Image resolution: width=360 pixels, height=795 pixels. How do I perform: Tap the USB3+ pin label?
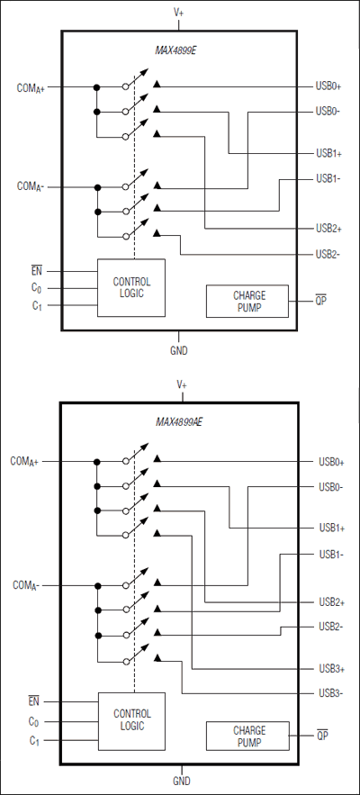(330, 669)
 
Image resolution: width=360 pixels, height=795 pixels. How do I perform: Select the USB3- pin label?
(330, 693)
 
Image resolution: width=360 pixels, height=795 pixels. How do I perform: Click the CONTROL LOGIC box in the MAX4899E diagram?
(131, 287)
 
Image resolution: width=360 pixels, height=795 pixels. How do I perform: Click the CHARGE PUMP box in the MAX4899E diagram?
(247, 302)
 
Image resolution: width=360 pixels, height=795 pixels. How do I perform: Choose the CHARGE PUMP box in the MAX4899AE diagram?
(247, 736)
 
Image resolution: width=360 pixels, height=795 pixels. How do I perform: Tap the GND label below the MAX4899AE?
(181, 781)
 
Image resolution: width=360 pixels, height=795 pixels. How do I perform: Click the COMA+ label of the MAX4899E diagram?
(36, 88)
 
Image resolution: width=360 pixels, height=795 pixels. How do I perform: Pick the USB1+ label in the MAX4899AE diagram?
(330, 528)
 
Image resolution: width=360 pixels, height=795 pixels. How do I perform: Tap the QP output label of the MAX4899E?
(320, 301)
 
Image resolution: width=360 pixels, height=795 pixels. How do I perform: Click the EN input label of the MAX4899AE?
(34, 700)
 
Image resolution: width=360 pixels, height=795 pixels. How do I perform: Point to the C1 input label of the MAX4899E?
(35, 307)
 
